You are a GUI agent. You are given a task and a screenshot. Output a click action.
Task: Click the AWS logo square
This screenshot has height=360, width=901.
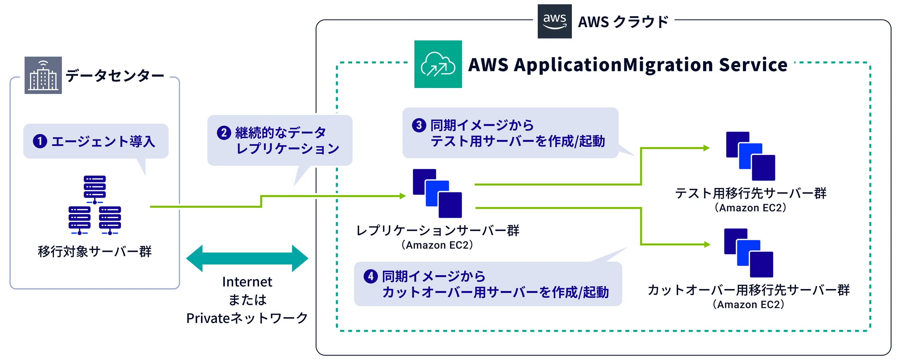[554, 21]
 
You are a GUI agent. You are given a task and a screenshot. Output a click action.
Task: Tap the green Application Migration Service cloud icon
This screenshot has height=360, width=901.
[438, 64]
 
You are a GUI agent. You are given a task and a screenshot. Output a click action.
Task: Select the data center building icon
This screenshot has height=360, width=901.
[43, 75]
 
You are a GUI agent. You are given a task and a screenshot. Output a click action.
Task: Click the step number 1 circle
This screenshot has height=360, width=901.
[40, 141]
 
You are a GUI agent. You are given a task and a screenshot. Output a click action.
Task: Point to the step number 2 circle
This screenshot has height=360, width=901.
[224, 132]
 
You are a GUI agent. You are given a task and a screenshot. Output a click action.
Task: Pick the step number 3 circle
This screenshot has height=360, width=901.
[419, 125]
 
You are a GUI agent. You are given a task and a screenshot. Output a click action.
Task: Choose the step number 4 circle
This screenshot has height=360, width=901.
[370, 276]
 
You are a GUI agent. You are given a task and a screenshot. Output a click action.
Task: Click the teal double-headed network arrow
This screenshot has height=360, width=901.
[247, 259]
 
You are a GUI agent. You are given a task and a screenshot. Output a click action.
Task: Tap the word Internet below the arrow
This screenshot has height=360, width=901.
[247, 282]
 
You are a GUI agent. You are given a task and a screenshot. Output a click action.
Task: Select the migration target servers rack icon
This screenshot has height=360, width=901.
[95, 205]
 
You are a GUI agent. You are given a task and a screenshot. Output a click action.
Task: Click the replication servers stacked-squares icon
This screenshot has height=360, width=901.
[437, 193]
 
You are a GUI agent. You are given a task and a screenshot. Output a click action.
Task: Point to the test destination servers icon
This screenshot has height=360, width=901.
[750, 156]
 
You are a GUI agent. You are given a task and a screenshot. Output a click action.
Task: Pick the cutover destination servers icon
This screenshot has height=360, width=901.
[748, 253]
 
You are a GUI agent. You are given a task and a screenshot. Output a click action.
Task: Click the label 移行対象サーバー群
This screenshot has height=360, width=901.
[95, 251]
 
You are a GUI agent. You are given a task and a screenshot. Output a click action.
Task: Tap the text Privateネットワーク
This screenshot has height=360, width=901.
[247, 318]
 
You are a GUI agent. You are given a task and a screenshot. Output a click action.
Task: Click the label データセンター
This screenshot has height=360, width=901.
[115, 75]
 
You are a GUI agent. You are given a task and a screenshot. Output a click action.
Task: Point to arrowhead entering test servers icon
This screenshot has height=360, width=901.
[706, 148]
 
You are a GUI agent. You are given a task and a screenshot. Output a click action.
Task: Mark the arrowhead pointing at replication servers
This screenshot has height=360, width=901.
[403, 196]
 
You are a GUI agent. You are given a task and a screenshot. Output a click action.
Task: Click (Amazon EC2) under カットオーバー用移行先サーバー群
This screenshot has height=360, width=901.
[748, 304]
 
